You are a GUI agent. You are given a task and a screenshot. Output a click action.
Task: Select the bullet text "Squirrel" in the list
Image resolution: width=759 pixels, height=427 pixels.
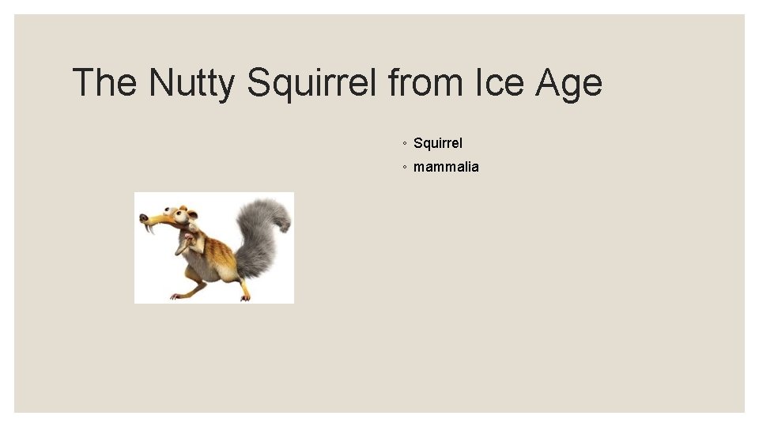[x=438, y=143]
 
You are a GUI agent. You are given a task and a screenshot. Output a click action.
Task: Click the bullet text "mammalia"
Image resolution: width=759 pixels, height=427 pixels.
[x=446, y=167]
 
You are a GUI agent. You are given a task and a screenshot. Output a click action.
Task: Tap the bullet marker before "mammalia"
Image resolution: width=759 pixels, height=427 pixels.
[x=404, y=168]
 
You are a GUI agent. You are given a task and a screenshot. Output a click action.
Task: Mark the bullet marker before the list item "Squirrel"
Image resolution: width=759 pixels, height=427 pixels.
[x=404, y=144]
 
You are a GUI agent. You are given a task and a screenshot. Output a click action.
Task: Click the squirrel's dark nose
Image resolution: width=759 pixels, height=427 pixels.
[x=142, y=217]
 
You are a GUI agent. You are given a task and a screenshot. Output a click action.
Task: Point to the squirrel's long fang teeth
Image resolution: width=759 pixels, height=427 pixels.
[x=150, y=228]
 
